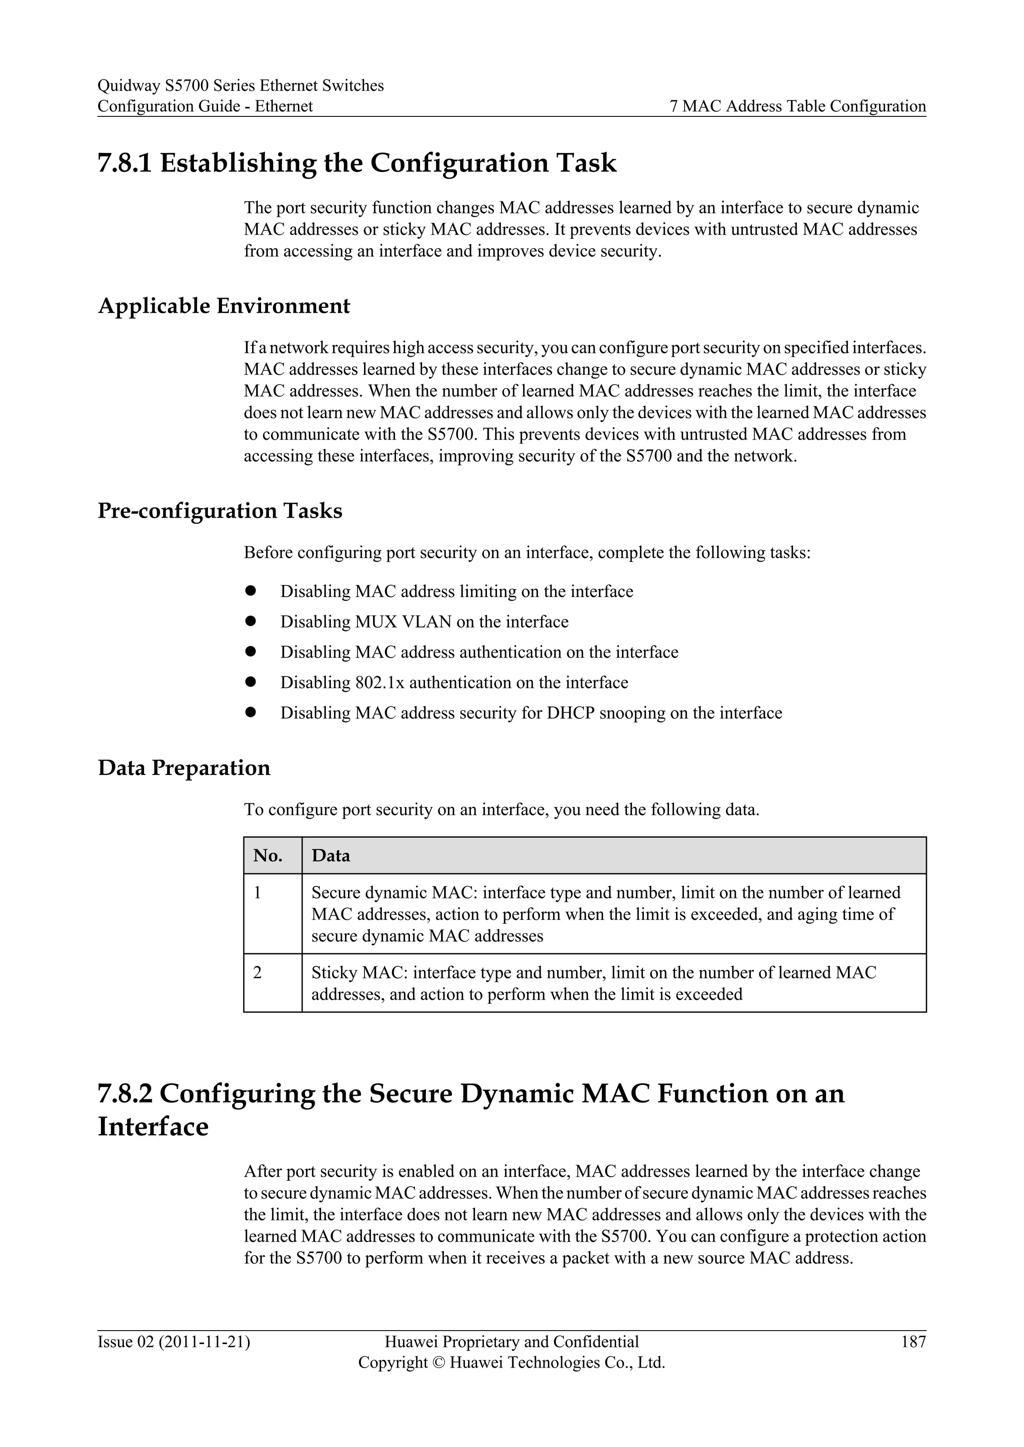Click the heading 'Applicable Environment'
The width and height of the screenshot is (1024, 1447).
point(224,306)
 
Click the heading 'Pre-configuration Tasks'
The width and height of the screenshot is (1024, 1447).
point(219,511)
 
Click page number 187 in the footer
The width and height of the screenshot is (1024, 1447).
point(913,1342)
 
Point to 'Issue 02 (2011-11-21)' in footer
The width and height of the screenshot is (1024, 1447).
point(173,1342)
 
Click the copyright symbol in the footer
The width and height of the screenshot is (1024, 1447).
point(439,1363)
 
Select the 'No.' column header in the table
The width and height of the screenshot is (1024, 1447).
point(268,856)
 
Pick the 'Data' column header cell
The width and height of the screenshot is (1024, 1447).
point(330,856)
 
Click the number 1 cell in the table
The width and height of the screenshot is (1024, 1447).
point(257,893)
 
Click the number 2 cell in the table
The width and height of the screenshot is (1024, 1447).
point(257,973)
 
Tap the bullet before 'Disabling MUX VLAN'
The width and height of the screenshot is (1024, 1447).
point(249,622)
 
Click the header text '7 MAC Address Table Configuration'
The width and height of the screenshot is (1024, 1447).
point(797,106)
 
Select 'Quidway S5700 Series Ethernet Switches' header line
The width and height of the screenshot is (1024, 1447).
point(240,86)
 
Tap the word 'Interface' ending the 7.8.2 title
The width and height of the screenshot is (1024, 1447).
point(153,1127)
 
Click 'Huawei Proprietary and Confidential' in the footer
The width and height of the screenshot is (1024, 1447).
point(511,1342)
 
